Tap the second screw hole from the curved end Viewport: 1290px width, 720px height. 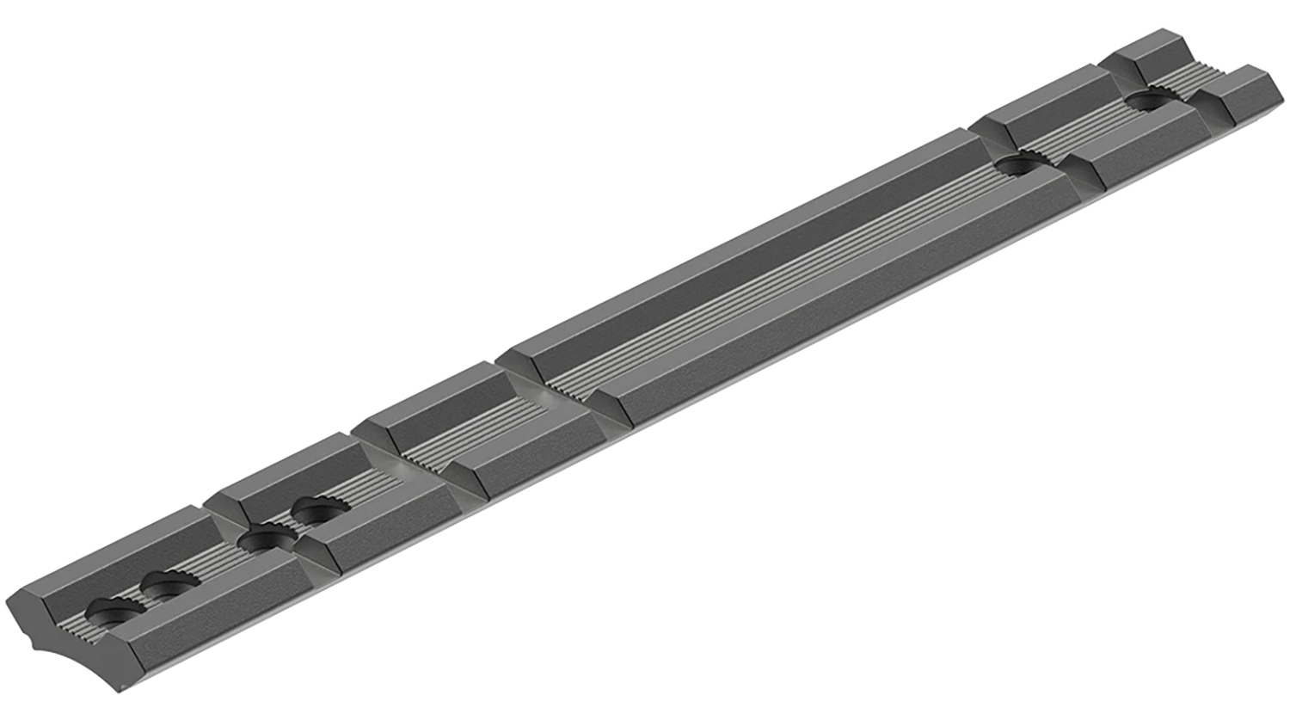pyautogui.click(x=169, y=585)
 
